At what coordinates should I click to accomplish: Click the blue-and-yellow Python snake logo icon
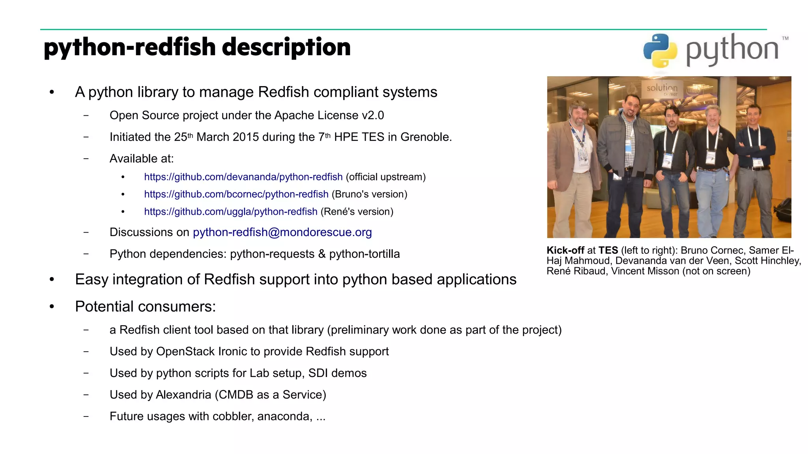coord(660,50)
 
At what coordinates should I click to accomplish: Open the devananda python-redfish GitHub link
coord(243,177)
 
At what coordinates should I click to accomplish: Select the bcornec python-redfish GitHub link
coord(236,194)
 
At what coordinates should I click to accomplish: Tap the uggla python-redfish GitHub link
coord(230,212)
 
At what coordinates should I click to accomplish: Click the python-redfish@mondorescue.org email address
coord(282,232)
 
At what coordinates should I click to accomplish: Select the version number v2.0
coord(372,115)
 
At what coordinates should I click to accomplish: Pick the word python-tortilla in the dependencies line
coord(364,254)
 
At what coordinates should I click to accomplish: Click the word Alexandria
coord(184,395)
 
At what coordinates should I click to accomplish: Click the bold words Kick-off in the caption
coord(565,250)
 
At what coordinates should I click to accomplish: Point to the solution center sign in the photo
coord(662,88)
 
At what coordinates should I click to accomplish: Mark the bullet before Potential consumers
coord(52,307)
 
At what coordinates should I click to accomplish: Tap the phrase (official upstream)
coord(385,177)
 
